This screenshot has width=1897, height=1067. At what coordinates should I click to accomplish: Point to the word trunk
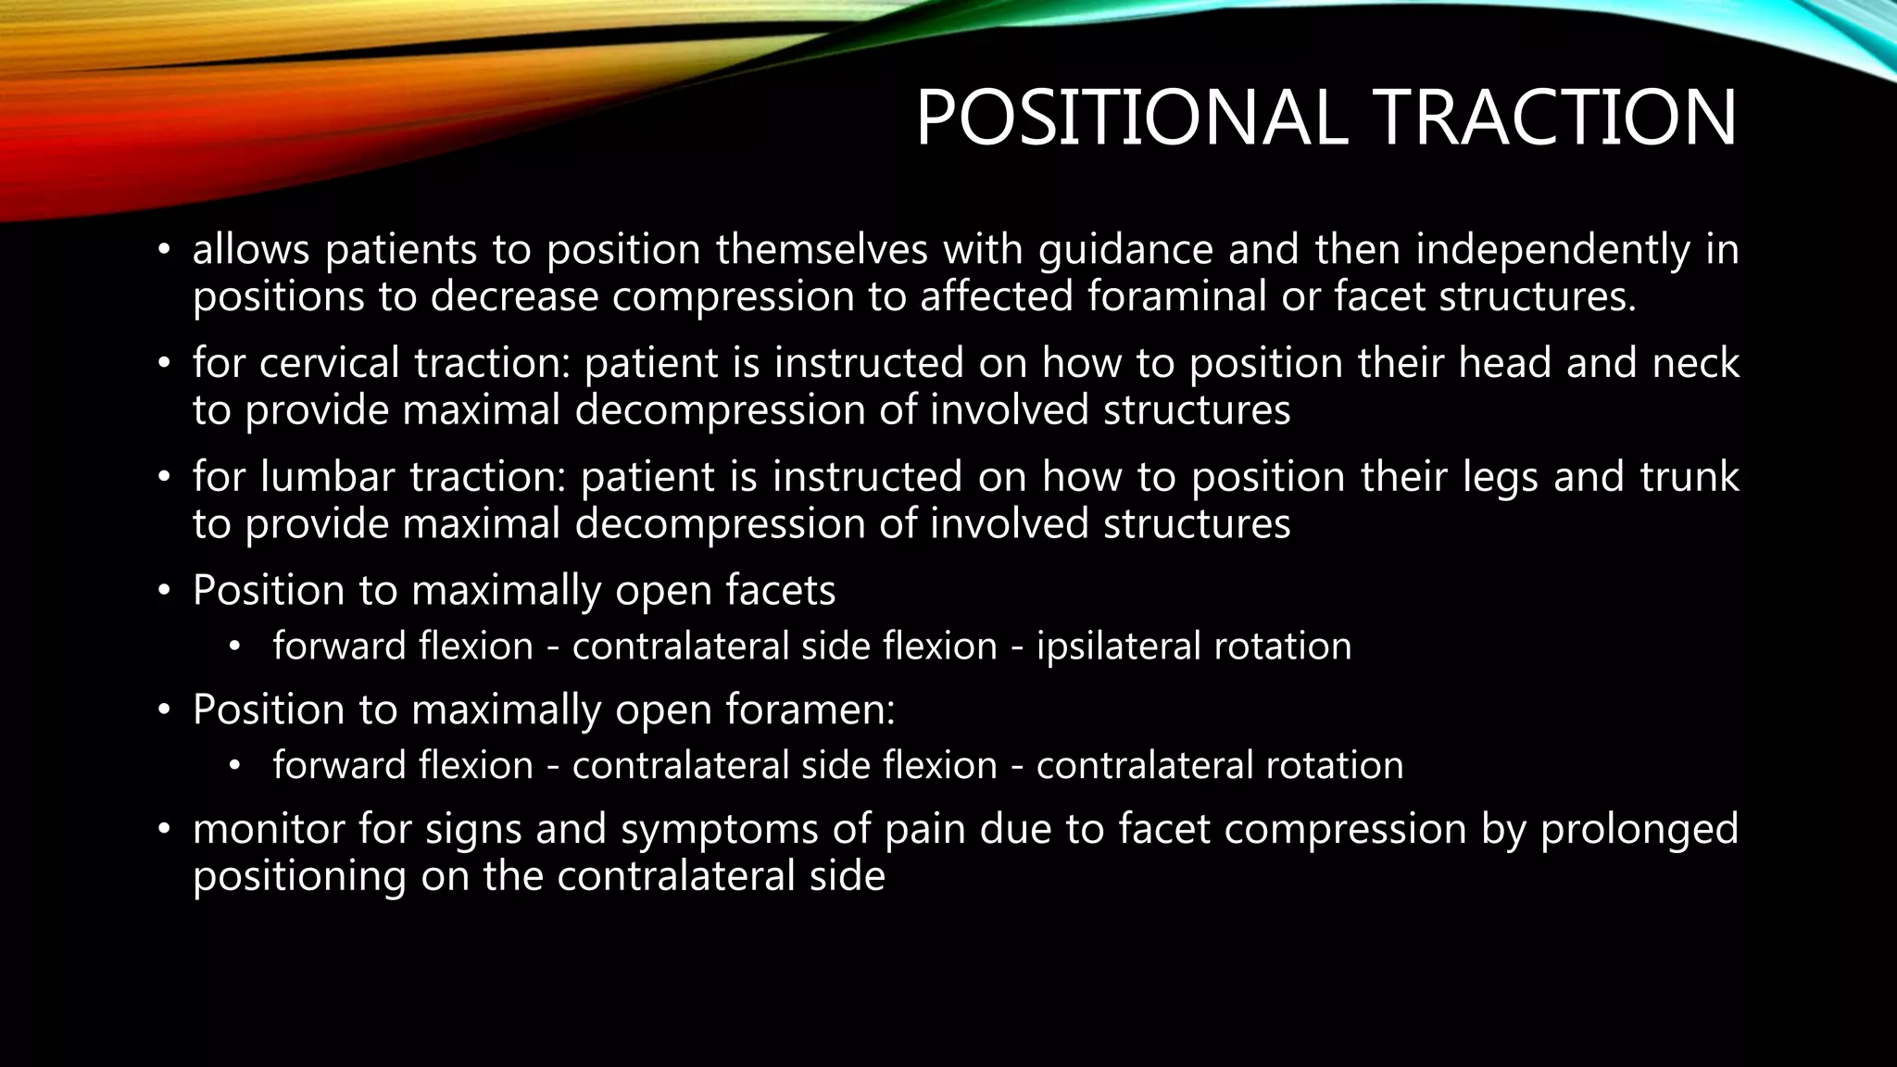click(x=1690, y=478)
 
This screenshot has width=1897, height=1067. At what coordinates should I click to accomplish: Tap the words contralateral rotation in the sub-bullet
click(x=1219, y=766)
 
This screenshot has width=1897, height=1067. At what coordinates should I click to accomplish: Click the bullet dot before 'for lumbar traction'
click(x=164, y=478)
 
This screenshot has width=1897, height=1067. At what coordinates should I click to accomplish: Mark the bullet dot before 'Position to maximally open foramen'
click(x=164, y=710)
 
